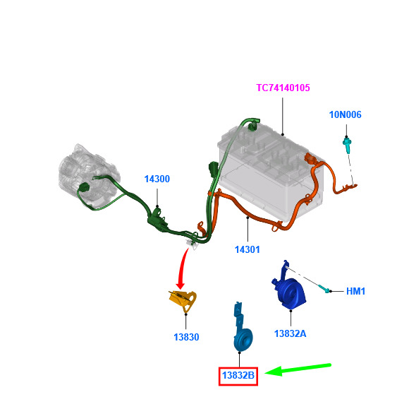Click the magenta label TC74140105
click(x=283, y=88)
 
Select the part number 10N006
click(x=345, y=114)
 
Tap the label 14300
click(x=157, y=179)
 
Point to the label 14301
click(x=248, y=249)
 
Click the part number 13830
click(x=186, y=337)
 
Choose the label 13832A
click(x=291, y=333)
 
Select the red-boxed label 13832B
click(x=238, y=376)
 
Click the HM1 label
click(x=355, y=291)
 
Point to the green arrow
click(x=298, y=369)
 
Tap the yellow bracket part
click(x=183, y=300)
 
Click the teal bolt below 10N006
click(x=347, y=146)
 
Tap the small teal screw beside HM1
click(x=324, y=288)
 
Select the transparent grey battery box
click(x=271, y=172)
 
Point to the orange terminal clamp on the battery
click(x=310, y=159)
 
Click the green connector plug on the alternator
click(x=84, y=187)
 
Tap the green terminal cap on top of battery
click(x=252, y=126)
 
